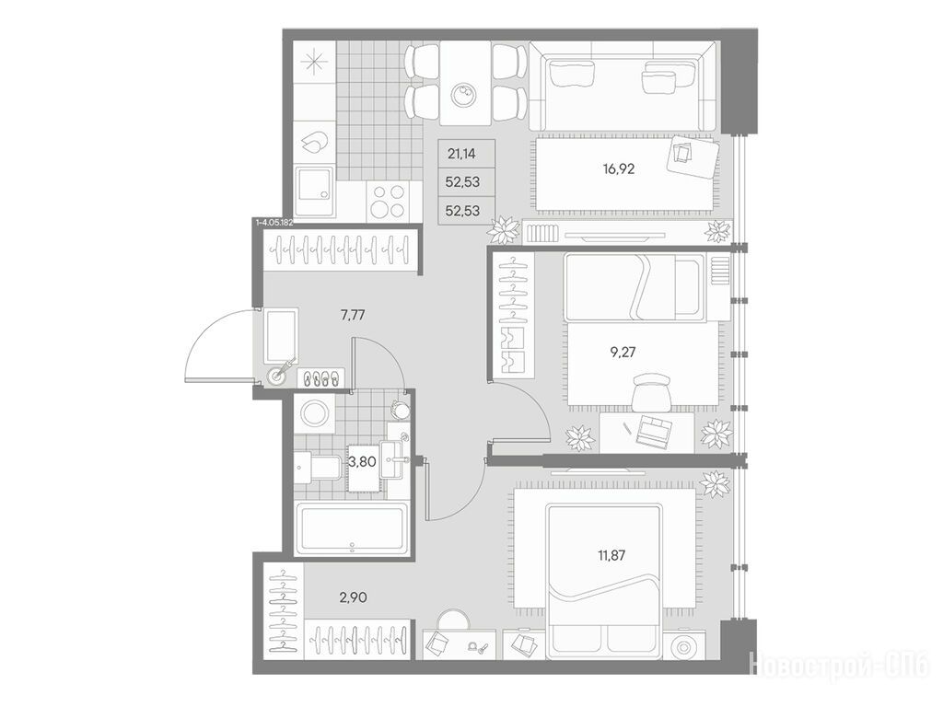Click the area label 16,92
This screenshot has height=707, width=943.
pos(618,169)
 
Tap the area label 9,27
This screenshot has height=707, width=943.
pos(623,352)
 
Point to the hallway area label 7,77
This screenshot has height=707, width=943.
pos(353,315)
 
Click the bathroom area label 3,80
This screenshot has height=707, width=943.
pos(363,462)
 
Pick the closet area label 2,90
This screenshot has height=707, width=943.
pos(353,597)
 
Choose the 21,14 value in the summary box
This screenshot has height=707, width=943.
pos(462,154)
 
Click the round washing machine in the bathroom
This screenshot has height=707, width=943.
pos(313,413)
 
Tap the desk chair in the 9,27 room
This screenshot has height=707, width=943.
pos(652,391)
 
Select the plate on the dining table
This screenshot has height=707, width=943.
pos(464,95)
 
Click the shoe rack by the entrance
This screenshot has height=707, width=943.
pos(321,377)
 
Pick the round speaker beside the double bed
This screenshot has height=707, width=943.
pos(683,647)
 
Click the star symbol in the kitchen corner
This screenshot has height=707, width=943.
pos(315,63)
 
